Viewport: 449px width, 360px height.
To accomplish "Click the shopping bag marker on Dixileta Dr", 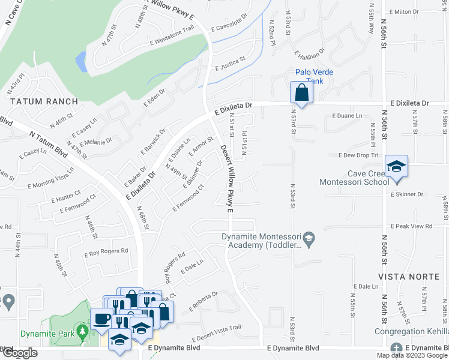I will (301, 94).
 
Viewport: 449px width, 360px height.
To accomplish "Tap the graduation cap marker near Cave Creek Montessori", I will (396, 166).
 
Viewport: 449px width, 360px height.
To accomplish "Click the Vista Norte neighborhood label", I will (405, 276).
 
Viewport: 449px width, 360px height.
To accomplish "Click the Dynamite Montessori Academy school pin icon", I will (309, 239).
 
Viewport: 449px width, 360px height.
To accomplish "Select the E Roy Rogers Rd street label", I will (107, 253).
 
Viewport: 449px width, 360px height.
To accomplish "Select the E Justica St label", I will (231, 63).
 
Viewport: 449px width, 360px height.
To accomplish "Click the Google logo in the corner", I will (19, 353).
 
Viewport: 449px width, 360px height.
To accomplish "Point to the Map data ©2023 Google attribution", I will (411, 355).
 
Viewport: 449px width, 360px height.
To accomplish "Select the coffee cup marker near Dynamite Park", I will (100, 318).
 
